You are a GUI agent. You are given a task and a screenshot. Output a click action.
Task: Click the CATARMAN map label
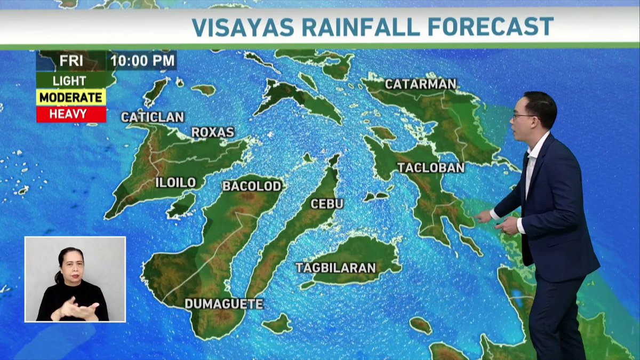(420, 84)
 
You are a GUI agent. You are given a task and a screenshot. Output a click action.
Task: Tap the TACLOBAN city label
(430, 167)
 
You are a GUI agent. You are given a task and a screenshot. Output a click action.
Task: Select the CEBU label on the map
(327, 204)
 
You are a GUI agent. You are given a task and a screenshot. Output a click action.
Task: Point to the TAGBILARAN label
(336, 268)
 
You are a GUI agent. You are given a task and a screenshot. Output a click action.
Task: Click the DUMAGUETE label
(224, 304)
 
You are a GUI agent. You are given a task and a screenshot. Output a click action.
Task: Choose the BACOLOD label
(252, 186)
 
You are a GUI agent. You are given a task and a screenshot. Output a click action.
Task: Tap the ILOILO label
(175, 182)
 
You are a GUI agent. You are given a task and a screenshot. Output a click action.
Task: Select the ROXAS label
(213, 132)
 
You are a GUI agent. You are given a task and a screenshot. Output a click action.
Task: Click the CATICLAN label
(153, 117)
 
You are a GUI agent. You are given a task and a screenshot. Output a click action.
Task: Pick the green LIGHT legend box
(70, 81)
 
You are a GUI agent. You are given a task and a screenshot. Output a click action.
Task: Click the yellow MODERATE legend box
(70, 98)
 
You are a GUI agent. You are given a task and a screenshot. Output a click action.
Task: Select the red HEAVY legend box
(70, 114)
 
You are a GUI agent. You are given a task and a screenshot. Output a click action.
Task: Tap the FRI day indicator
(71, 61)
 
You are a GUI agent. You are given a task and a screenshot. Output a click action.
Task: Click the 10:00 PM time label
(143, 61)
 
